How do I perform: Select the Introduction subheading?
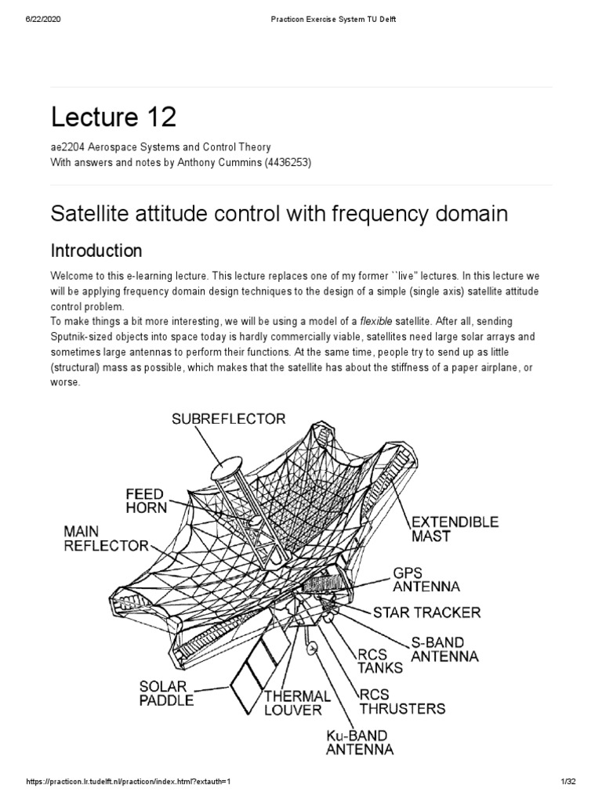coord(96,251)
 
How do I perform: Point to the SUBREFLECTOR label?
coord(229,419)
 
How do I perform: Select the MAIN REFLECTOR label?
coord(105,539)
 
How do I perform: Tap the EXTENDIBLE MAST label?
coord(455,528)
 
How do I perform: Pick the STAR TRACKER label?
coord(427,612)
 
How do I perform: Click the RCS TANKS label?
coord(380,659)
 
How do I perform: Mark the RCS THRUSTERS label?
coord(402,701)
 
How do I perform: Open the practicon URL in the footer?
coord(130,793)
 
